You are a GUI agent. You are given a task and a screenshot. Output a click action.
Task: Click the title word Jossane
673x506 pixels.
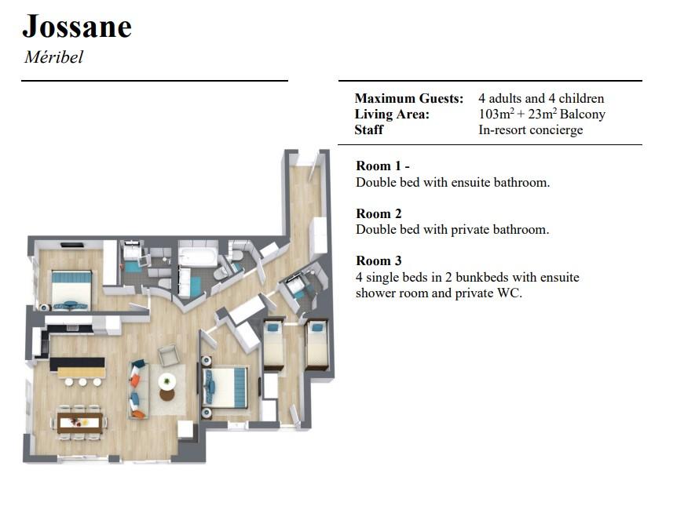pyautogui.click(x=77, y=27)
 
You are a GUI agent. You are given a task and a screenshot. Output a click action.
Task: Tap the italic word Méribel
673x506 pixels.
pyautogui.click(x=53, y=57)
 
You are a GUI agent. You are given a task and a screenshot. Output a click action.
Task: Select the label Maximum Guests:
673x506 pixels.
pyautogui.click(x=409, y=98)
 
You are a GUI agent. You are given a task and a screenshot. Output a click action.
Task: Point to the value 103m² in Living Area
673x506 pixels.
pyautogui.click(x=496, y=114)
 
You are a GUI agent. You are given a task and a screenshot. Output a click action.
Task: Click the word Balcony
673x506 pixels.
pyautogui.click(x=583, y=115)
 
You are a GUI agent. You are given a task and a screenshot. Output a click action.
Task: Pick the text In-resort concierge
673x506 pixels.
pyautogui.click(x=531, y=130)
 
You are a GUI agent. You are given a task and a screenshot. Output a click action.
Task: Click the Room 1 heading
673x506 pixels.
pyautogui.click(x=382, y=166)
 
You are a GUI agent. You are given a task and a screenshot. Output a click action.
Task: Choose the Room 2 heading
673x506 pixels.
pyautogui.click(x=379, y=213)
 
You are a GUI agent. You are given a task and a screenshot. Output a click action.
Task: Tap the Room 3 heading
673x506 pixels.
pyautogui.click(x=379, y=260)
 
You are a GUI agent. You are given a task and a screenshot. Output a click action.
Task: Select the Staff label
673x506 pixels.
pyautogui.click(x=368, y=130)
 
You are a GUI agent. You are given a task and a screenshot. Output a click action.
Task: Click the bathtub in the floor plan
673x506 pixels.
pyautogui.click(x=197, y=257)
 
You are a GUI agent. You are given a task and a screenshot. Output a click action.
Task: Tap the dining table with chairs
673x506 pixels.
pyautogui.click(x=79, y=422)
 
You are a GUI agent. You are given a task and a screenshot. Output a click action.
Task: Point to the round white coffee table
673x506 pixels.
pyautogui.click(x=166, y=380)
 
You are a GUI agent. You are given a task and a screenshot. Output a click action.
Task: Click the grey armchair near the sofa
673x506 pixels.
pyautogui.click(x=169, y=355)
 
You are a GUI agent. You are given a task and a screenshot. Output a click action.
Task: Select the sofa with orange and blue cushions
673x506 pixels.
pyautogui.click(x=138, y=389)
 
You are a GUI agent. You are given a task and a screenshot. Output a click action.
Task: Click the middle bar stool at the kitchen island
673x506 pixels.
pyautogui.click(x=82, y=381)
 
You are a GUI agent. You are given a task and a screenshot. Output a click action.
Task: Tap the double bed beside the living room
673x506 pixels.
pyautogui.click(x=225, y=388)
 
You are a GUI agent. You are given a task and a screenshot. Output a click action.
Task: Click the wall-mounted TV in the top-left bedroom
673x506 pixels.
pyautogui.click(x=72, y=246)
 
